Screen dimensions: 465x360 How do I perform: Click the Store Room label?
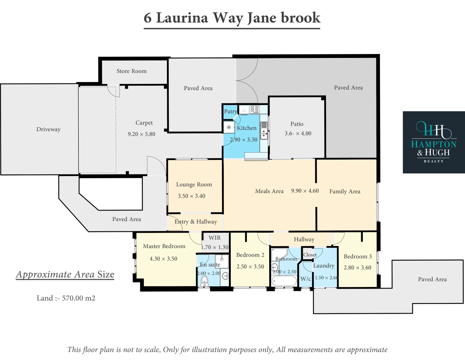132,71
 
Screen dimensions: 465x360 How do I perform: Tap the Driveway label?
48,129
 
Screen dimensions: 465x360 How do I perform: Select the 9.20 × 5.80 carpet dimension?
142,134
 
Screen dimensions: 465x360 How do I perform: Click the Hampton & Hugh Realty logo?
434,142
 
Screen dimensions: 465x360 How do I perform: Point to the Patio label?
297,124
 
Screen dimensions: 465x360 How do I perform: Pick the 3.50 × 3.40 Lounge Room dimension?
192,196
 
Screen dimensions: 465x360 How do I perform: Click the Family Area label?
345,191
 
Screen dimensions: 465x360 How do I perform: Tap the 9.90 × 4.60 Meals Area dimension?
305,191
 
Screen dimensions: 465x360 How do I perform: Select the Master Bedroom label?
164,246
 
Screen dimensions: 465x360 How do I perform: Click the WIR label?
215,238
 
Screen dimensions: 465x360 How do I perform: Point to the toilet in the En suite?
205,281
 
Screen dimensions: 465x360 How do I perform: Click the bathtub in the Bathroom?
284,281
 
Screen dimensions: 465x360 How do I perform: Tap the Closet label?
310,255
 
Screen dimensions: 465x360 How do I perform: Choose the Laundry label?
324,266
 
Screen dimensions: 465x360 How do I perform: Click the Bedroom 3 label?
358,256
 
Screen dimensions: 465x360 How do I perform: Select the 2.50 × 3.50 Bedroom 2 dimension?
250,267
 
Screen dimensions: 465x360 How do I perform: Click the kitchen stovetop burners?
254,109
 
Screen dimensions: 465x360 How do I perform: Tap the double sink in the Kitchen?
264,131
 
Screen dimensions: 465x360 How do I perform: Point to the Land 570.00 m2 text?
66,298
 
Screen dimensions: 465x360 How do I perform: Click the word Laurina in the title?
182,18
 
